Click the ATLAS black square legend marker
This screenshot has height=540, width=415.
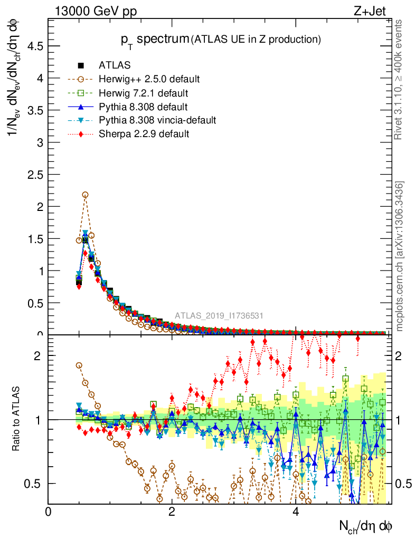(x=81, y=66)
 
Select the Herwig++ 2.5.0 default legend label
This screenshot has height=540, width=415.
(x=149, y=80)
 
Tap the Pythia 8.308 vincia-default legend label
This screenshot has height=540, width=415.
(x=157, y=120)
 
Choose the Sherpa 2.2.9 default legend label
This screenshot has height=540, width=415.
(x=144, y=134)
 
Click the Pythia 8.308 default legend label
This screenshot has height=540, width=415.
(x=144, y=107)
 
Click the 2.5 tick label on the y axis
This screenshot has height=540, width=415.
(x=35, y=175)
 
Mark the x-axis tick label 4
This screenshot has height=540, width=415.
(x=296, y=512)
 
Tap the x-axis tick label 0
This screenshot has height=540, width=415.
(x=48, y=512)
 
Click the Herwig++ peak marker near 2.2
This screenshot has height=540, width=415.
(x=85, y=195)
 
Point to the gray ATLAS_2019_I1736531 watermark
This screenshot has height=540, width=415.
(x=219, y=316)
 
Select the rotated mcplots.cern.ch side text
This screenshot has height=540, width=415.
(x=400, y=256)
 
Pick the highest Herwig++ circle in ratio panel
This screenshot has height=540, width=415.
(x=79, y=365)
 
